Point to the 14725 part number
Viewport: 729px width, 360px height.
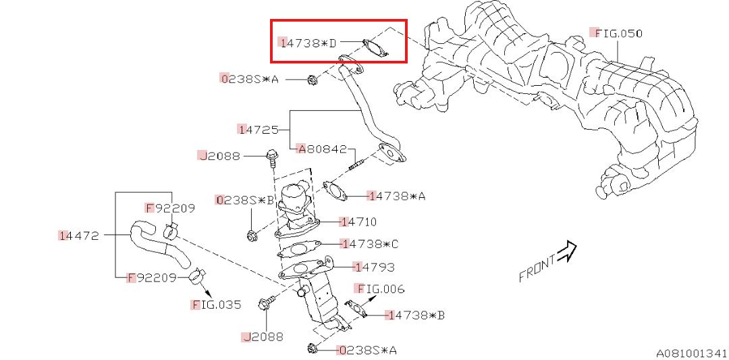pyautogui.click(x=257, y=128)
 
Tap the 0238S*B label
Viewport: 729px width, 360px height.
pyautogui.click(x=244, y=200)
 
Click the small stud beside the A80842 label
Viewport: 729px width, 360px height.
pyautogui.click(x=356, y=162)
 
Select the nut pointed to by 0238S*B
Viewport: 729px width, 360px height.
pyautogui.click(x=252, y=236)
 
